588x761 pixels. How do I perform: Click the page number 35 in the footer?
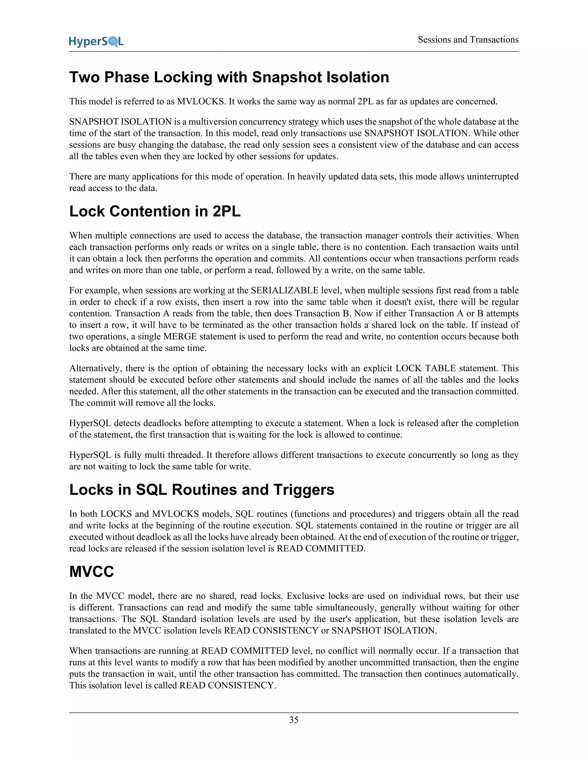click(294, 720)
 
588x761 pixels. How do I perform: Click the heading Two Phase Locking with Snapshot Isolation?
click(229, 77)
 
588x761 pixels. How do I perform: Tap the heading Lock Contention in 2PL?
click(155, 212)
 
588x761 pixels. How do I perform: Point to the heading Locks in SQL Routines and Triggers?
click(202, 490)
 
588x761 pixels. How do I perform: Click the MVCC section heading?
click(92, 572)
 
